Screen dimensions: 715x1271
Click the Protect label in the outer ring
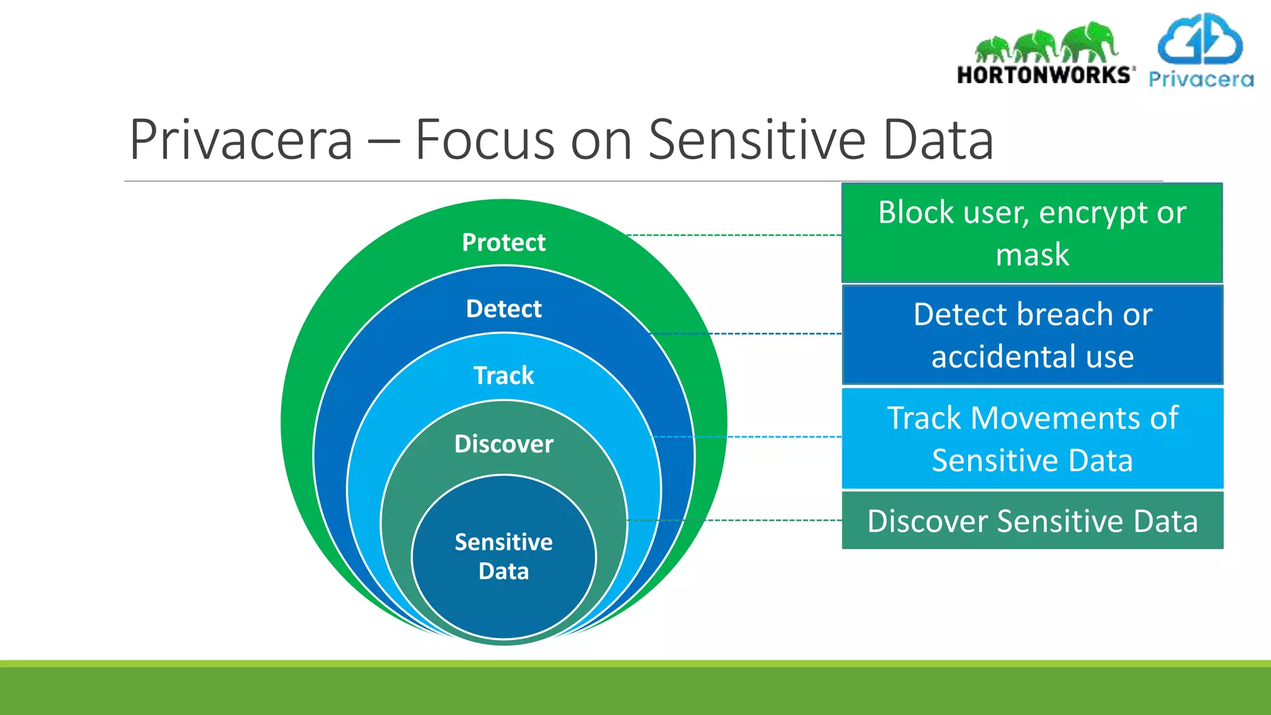point(503,242)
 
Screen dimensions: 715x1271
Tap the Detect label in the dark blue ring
point(503,308)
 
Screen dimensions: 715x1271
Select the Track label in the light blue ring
point(503,375)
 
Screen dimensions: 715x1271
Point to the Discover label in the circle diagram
point(503,444)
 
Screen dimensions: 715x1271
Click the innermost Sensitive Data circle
point(503,556)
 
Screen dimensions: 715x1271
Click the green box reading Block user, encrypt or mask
point(1031,233)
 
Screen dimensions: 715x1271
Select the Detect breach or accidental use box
point(1031,335)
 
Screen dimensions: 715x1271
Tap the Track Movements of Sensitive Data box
point(1031,439)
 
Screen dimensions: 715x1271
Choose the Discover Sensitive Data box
point(1031,521)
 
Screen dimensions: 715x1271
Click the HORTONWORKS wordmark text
point(1045,75)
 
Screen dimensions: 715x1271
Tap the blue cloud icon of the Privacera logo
point(1200,40)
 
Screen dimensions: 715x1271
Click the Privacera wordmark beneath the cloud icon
point(1200,79)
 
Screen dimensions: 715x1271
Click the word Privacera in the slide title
point(241,140)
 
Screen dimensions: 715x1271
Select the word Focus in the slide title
point(484,140)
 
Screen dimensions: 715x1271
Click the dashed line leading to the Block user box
point(732,235)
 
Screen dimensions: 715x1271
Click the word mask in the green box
point(1031,254)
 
